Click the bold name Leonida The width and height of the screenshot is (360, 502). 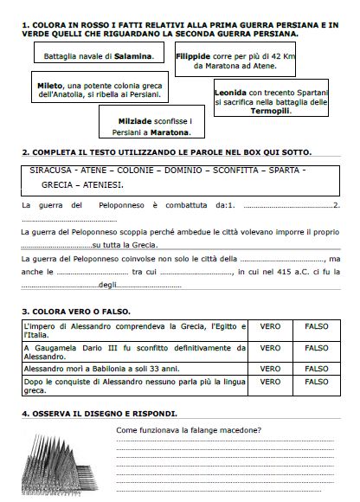pos(234,91)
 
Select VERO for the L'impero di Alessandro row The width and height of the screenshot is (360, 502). pos(270,325)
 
